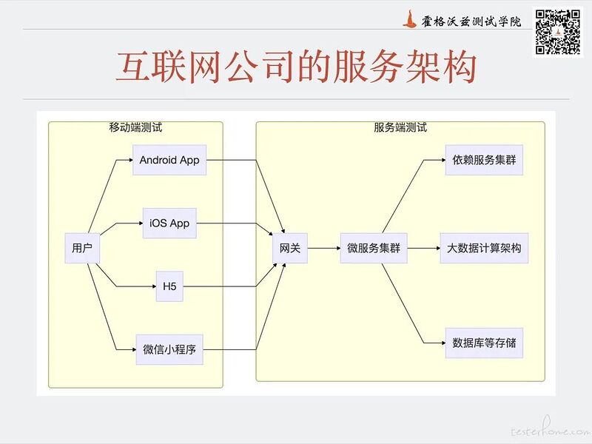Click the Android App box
pos(169,160)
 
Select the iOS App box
pos(169,223)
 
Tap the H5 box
pos(169,286)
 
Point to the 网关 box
pos(290,249)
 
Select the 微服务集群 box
pos(374,249)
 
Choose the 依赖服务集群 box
pos(485,160)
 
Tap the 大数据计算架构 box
pos(484,249)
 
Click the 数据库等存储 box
pos(484,343)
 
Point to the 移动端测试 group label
pos(135,127)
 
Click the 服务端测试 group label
pos(400,127)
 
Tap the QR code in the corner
pos(557,31)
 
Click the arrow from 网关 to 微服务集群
pos(323,249)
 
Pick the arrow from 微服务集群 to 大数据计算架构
pos(424,249)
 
